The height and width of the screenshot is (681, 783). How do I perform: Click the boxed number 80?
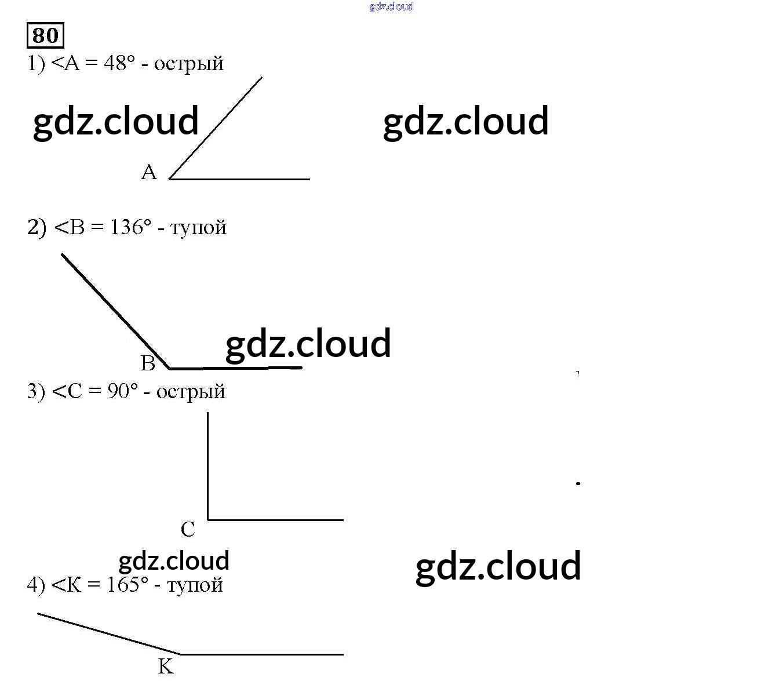tap(45, 35)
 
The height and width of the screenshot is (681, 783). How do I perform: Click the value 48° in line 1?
tap(119, 63)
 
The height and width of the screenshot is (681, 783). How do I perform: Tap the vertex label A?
tap(149, 172)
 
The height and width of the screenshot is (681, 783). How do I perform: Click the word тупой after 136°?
tap(198, 228)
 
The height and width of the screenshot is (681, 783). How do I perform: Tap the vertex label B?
tap(148, 363)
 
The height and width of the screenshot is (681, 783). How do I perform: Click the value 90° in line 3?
tap(123, 391)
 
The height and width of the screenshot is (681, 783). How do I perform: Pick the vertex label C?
tap(188, 529)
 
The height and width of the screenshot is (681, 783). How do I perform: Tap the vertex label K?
tap(166, 667)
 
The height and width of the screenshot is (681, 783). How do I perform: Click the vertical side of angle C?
tap(208, 464)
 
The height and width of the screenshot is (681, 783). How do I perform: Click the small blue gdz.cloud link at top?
tap(391, 6)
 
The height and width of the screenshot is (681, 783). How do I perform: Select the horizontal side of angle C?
tap(275, 520)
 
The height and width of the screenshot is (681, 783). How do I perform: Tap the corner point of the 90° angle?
tap(208, 520)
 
